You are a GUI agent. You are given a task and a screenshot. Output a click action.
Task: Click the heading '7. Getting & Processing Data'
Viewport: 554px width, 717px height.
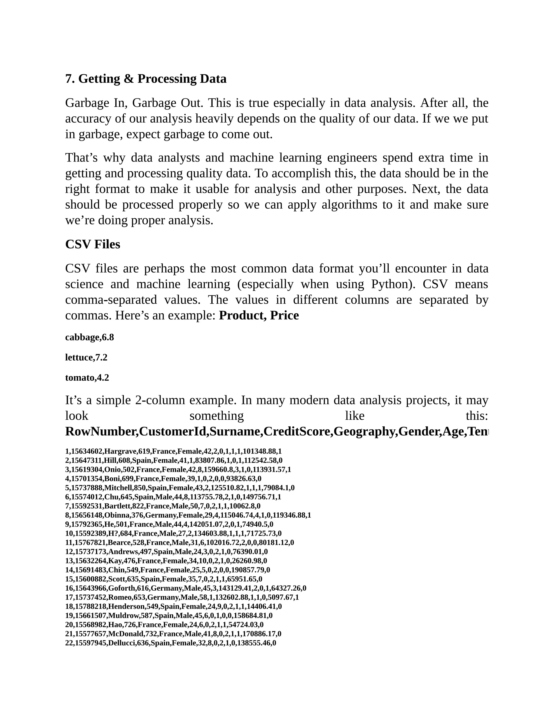146,79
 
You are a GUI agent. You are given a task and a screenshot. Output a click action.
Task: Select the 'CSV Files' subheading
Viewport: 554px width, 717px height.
93,245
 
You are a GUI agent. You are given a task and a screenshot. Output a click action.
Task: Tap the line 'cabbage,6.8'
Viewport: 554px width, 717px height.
89,337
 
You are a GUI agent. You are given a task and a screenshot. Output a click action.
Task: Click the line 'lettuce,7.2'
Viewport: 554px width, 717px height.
86,357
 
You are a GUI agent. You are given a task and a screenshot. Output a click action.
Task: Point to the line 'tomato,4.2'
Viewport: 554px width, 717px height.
87,378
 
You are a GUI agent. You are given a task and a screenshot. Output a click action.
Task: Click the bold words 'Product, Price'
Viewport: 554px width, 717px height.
259,315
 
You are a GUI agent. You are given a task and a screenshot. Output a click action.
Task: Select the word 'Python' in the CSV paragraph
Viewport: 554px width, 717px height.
392,284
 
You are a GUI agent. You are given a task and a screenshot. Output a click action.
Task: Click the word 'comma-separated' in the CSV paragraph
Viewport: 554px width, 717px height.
111,300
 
